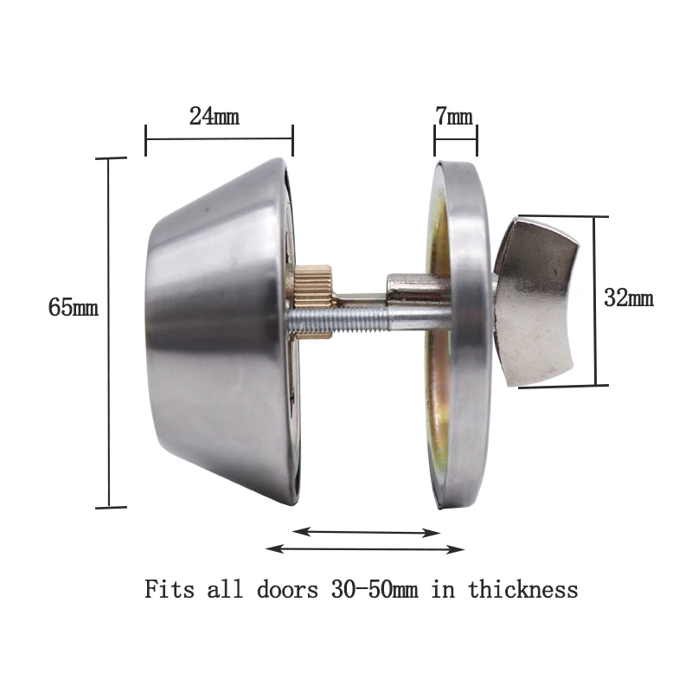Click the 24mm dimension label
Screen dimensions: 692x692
[214, 116]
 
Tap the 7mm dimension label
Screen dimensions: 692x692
[454, 116]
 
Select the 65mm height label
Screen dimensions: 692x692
[74, 308]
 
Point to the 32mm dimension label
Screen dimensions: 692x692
[629, 299]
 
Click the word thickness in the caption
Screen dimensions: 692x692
[523, 590]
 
